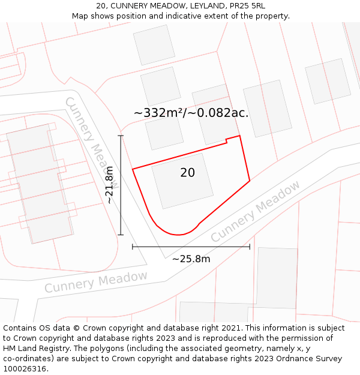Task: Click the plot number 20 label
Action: click(x=187, y=173)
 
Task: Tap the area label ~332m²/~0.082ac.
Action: click(x=191, y=112)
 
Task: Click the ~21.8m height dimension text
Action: click(x=109, y=185)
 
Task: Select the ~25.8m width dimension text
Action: click(x=191, y=259)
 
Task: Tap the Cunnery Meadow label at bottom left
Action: click(x=96, y=281)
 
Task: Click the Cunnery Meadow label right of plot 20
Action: click(x=255, y=212)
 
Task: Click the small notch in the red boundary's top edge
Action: click(x=226, y=142)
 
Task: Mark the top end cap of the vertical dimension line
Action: click(x=121, y=136)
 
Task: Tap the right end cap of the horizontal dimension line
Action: click(x=250, y=246)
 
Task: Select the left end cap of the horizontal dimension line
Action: click(x=133, y=246)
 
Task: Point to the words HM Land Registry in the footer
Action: click(x=33, y=348)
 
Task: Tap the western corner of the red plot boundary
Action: click(x=133, y=169)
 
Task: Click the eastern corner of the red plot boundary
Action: click(x=250, y=181)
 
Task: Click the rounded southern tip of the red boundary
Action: click(x=177, y=233)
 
